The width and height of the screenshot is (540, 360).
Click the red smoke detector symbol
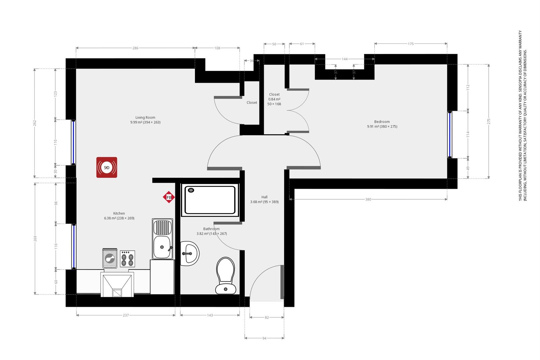[x=107, y=167]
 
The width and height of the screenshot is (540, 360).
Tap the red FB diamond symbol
[x=169, y=197]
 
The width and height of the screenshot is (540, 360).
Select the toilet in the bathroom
[x=226, y=276]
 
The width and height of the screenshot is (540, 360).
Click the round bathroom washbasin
[x=190, y=253]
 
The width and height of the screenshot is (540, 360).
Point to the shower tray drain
[x=191, y=190]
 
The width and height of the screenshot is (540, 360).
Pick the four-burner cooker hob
[x=128, y=259]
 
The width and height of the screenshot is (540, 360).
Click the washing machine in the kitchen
[x=110, y=258]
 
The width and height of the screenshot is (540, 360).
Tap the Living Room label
[x=145, y=117]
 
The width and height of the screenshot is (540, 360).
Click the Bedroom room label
[x=382, y=122]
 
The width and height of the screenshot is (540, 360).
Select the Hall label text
[x=264, y=197]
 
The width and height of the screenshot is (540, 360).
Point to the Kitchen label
[x=119, y=213]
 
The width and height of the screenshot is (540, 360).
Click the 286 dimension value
[x=135, y=48]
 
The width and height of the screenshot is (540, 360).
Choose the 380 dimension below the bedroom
[x=368, y=199]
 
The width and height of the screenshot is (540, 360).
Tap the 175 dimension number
[x=411, y=44]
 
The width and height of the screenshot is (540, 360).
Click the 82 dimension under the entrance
[x=267, y=318]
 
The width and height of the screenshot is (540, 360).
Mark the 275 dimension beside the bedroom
[x=489, y=121]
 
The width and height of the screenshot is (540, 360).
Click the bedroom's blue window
[x=450, y=134]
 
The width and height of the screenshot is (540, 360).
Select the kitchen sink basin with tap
[x=162, y=247]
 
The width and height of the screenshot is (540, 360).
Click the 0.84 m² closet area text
[x=274, y=99]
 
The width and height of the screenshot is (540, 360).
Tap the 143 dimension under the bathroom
[x=210, y=315]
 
